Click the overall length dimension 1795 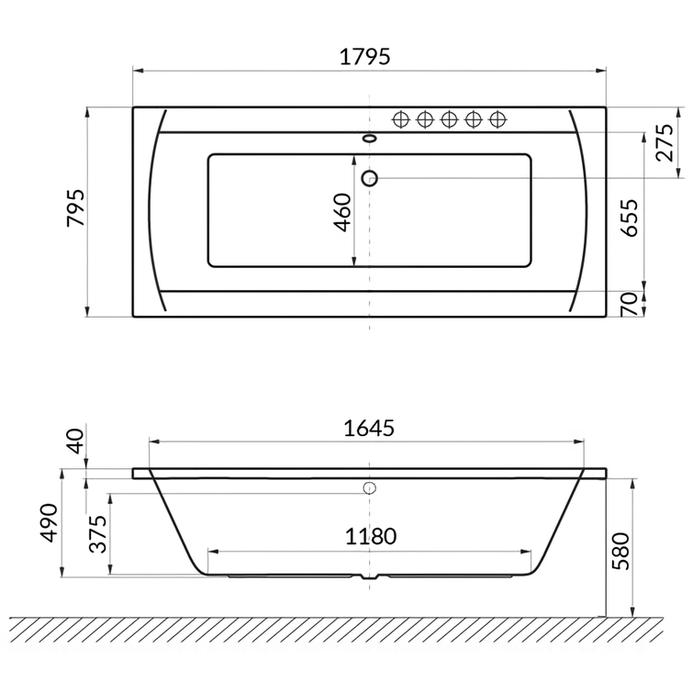(366, 56)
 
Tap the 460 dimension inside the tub (342, 212)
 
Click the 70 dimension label (630, 305)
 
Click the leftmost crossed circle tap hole (401, 118)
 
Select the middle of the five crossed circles (450, 118)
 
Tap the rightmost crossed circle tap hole (498, 118)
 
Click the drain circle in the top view (370, 178)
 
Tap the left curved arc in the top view (151, 210)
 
